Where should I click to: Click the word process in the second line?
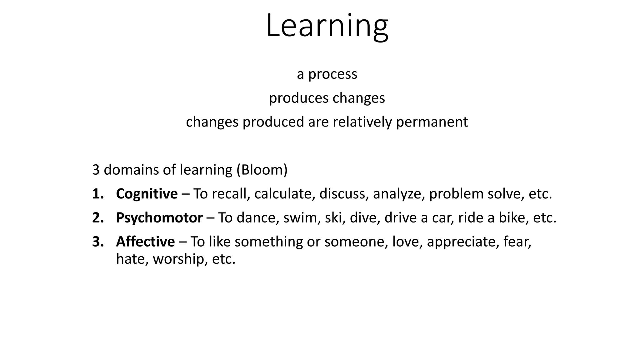(x=332, y=74)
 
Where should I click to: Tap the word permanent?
(x=432, y=122)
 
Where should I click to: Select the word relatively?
(x=362, y=122)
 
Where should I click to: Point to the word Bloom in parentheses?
(x=262, y=170)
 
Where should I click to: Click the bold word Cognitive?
(x=147, y=194)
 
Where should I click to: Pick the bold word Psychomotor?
(x=159, y=218)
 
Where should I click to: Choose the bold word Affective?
(x=145, y=242)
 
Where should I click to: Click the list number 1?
(x=97, y=194)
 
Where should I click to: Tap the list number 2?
(x=97, y=218)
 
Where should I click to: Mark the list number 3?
(x=97, y=242)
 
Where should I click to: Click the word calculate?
(x=284, y=194)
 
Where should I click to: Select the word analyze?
(x=398, y=194)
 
